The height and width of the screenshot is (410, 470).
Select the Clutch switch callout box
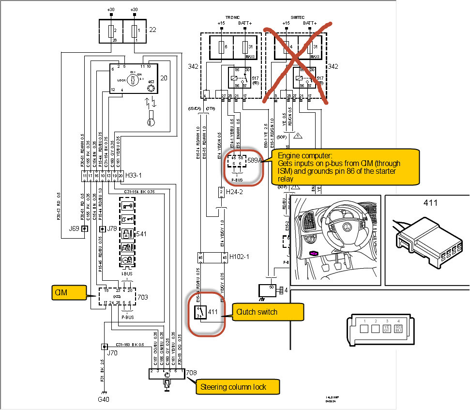(x=268, y=312)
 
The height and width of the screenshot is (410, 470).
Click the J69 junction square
(x=85, y=228)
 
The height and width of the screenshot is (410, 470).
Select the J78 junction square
(x=102, y=228)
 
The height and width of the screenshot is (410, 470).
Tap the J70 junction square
(x=103, y=347)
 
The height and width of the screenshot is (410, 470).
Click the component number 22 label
(x=152, y=30)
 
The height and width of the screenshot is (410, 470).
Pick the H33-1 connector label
(x=135, y=175)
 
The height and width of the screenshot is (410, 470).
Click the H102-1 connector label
(x=239, y=257)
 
